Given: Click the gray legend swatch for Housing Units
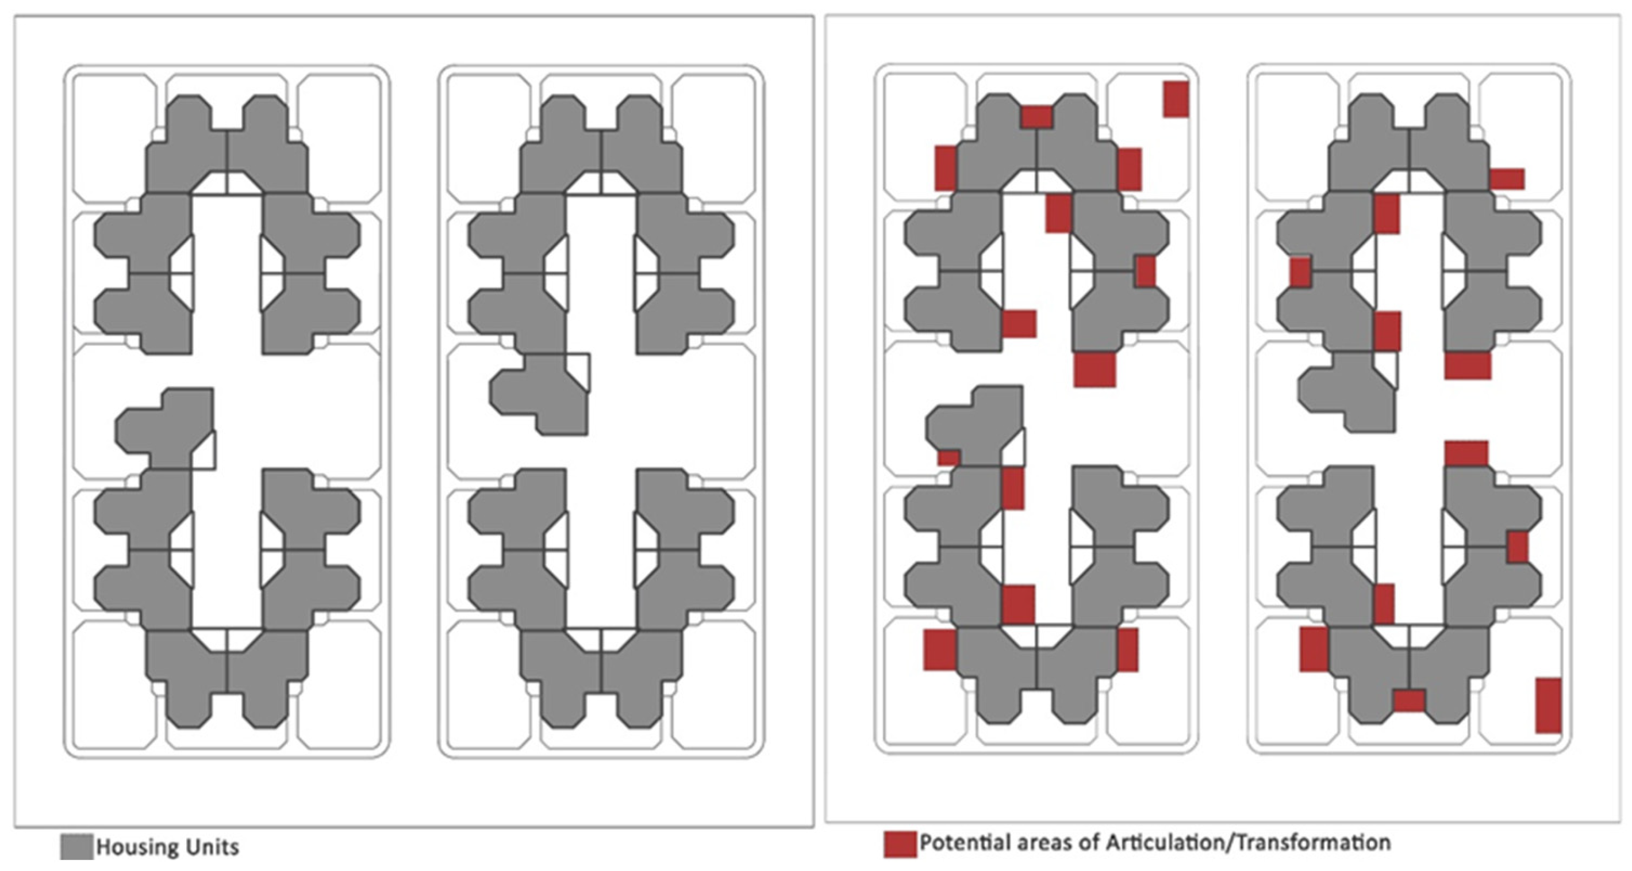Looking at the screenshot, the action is point(76,847).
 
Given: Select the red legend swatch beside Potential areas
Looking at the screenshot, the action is point(900,845).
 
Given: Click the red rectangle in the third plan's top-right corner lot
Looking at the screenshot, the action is point(1176,99).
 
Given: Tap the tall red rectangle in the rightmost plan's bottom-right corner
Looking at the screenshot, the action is point(1549,705).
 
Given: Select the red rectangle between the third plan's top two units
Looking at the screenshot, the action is point(1037,117).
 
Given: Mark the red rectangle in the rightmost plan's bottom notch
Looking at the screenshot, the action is point(1410,701).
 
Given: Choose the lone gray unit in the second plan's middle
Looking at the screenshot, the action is point(540,394).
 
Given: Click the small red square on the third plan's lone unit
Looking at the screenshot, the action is point(949,458).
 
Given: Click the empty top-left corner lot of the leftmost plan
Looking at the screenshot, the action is point(114,136).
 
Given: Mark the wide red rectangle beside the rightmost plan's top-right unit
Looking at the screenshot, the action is point(1507,179).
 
